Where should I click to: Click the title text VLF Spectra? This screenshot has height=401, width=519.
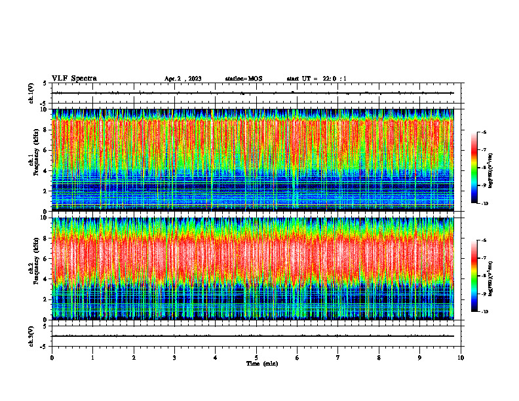click(x=74, y=78)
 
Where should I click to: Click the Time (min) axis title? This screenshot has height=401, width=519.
click(x=261, y=364)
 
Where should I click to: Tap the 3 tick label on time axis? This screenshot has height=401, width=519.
click(x=174, y=358)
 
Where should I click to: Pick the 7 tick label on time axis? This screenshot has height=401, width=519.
click(x=338, y=358)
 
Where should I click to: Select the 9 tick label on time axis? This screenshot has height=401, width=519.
click(x=420, y=358)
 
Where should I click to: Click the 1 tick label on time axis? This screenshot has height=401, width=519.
click(x=92, y=358)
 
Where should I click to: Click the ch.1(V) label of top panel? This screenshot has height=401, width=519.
click(x=32, y=94)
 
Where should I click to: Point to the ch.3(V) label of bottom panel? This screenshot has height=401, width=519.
click(x=32, y=336)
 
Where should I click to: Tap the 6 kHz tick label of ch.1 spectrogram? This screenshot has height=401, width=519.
click(x=45, y=150)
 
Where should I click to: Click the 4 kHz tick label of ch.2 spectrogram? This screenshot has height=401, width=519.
click(x=45, y=278)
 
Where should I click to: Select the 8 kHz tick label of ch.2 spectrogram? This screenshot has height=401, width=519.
click(x=45, y=238)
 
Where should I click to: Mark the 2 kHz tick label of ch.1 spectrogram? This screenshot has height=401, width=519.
click(x=45, y=191)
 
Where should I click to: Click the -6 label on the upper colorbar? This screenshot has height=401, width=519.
click(x=483, y=132)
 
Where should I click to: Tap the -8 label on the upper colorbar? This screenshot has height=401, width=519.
click(x=483, y=168)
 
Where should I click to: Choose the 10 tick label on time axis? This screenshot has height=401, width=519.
click(x=461, y=358)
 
